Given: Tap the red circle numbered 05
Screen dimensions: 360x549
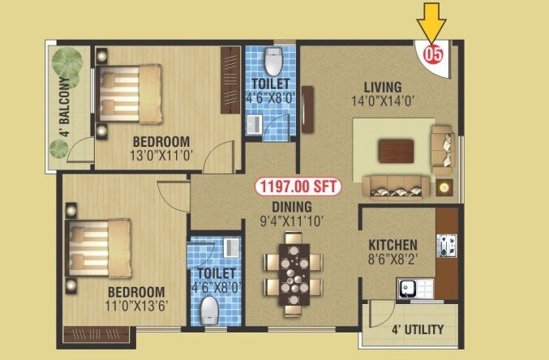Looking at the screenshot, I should (433, 57).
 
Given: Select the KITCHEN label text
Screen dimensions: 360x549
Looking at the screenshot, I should (392, 245).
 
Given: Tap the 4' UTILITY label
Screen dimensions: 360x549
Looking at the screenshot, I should (418, 329).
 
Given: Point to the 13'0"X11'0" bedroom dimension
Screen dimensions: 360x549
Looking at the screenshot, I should (161, 154).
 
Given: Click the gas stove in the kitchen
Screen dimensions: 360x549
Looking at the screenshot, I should (445, 244).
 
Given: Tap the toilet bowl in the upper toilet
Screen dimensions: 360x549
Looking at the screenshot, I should (272, 62).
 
